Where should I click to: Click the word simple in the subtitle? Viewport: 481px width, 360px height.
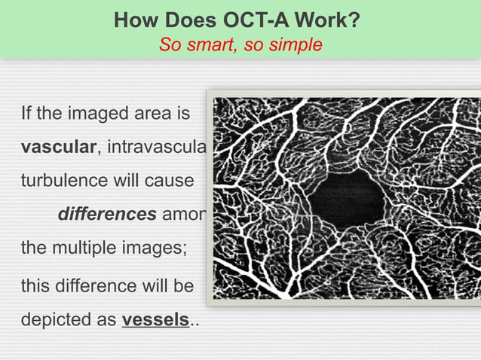pyautogui.click(x=296, y=44)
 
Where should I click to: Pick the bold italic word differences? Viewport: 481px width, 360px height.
pyautogui.click(x=107, y=215)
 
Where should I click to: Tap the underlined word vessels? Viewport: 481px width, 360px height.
pyautogui.click(x=155, y=319)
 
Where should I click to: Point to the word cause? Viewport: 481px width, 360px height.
pyautogui.click(x=173, y=182)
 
